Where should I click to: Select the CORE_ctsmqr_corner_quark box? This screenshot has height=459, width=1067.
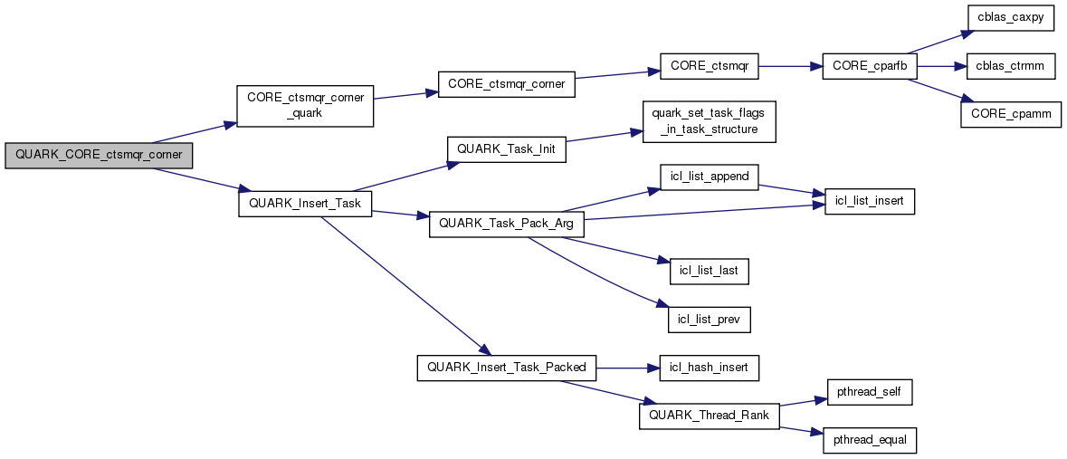point(304,107)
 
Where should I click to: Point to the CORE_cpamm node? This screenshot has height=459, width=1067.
point(1010,114)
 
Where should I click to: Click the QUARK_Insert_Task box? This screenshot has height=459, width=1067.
point(304,203)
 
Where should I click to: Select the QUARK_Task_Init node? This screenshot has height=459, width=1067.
point(507,148)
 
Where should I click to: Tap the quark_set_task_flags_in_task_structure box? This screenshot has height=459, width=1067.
point(709,121)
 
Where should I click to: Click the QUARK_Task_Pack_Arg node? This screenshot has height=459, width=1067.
point(507,223)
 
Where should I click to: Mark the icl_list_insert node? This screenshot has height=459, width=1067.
point(870,202)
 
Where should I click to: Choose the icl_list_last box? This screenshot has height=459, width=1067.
point(709,270)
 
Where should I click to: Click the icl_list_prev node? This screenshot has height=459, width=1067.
point(709,319)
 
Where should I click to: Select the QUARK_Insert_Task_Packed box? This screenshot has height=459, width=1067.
point(507,367)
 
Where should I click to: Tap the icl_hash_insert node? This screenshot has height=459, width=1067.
point(709,367)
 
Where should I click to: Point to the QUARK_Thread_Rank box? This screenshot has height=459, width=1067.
point(709,416)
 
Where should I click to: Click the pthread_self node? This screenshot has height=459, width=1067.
point(870,392)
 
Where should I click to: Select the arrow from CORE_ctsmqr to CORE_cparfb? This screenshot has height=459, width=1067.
point(789,66)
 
